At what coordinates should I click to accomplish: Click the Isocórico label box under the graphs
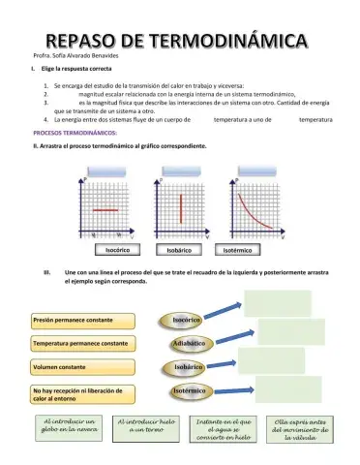pos(117,250)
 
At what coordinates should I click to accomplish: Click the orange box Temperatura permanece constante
pos(81,343)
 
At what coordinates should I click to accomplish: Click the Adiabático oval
pos(188,343)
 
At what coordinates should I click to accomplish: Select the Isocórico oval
pos(188,319)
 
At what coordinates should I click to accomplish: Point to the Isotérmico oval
pos(188,390)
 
